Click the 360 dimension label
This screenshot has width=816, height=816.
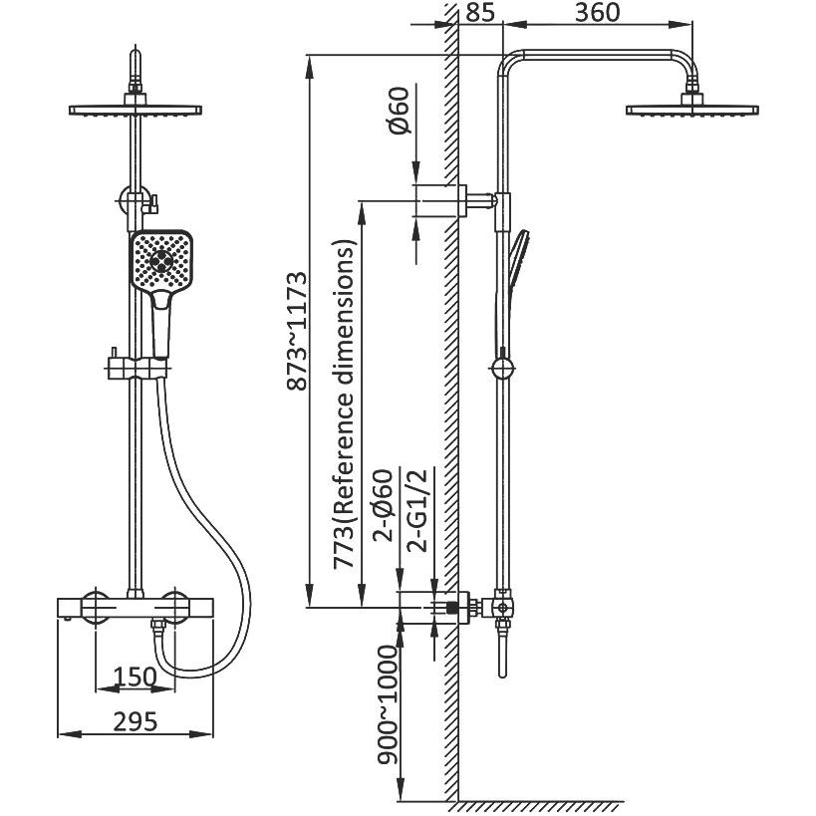(597, 13)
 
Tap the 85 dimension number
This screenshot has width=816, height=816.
(480, 13)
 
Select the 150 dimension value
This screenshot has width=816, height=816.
(135, 678)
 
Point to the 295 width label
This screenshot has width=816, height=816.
(135, 721)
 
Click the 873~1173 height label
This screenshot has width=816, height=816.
(298, 331)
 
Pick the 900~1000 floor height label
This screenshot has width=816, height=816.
(388, 705)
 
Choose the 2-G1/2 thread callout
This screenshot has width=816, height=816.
(417, 510)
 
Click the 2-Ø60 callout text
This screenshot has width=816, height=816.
(384, 506)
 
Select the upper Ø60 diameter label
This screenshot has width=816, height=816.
(401, 111)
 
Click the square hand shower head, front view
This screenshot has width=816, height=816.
(161, 261)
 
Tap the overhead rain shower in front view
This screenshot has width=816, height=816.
(136, 107)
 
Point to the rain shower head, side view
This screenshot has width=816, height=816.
(692, 107)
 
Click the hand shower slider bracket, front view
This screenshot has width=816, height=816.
(136, 368)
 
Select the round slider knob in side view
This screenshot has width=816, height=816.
(503, 368)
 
